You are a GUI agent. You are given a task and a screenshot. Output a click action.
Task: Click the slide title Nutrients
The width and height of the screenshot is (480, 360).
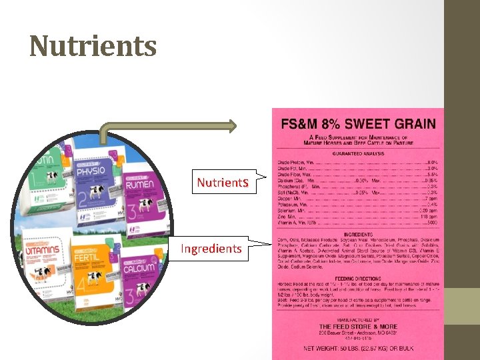coord(93,46)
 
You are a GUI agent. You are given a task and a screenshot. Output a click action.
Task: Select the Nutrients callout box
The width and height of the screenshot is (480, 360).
coord(223,182)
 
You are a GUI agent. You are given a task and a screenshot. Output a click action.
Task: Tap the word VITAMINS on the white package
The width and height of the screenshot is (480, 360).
coord(46,244)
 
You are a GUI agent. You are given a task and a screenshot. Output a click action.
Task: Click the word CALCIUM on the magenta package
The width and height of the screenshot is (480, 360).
coord(138,259)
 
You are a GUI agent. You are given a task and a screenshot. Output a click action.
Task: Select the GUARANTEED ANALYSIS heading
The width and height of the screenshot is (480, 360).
coord(358,153)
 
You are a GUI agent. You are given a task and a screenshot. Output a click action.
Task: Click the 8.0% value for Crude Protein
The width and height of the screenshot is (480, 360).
coord(432,162)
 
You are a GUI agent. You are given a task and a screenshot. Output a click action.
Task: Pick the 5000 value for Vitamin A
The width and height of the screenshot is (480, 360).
coord(431,223)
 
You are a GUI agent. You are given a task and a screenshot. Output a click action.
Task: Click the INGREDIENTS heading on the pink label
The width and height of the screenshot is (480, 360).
coord(358,235)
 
